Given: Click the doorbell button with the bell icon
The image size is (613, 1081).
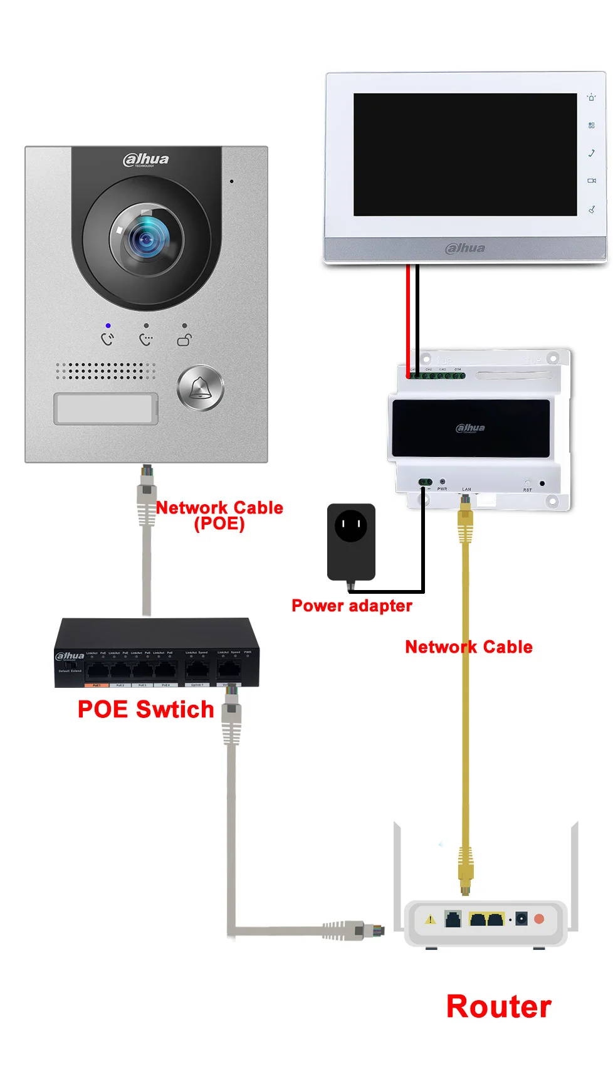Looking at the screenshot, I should (201, 388).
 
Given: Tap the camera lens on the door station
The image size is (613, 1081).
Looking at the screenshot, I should (147, 239).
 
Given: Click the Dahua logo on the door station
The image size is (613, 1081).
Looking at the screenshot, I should (146, 160).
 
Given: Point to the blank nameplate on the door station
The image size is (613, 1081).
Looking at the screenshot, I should (105, 409).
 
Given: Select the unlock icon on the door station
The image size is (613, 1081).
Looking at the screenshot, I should (184, 340).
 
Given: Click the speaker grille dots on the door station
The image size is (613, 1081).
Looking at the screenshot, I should (105, 371).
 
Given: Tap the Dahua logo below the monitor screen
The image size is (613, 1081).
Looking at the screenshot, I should (465, 248).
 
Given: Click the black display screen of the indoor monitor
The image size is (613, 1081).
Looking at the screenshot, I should (465, 154).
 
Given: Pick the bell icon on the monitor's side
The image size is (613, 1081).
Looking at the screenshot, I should (591, 98).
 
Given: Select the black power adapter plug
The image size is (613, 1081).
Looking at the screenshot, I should (351, 541).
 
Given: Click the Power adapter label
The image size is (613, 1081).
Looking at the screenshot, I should (352, 606).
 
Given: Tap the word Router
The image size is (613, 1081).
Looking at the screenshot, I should (499, 1007).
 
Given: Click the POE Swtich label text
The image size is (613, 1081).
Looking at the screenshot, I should (145, 710).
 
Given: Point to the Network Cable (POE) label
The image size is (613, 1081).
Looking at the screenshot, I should (219, 515).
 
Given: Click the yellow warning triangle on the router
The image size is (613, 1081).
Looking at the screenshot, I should (430, 920).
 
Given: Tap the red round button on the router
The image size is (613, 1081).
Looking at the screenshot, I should (539, 919).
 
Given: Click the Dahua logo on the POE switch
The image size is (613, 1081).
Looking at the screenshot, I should (70, 657).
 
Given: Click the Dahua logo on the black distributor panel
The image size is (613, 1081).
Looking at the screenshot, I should (470, 428).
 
